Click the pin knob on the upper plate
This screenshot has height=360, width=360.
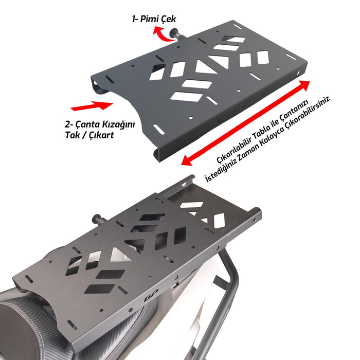[181, 36]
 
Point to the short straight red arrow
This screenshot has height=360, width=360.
[91, 106]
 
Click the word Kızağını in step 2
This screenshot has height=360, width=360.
[118, 125]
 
